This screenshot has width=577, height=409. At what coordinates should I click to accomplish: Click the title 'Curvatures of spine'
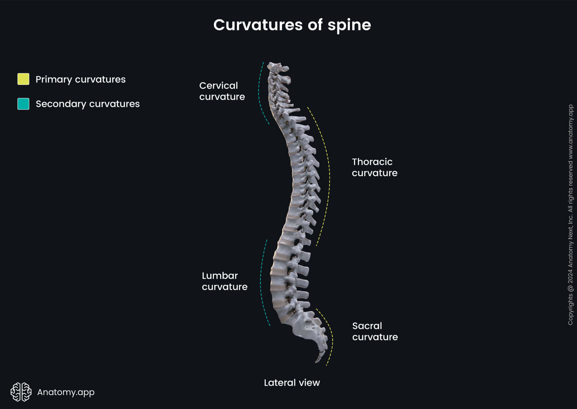tap(292, 25)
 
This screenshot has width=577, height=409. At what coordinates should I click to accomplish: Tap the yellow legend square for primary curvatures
tap(23, 79)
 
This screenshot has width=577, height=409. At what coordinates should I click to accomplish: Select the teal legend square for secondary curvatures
tap(23, 104)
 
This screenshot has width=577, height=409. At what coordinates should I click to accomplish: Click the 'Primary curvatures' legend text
tap(80, 79)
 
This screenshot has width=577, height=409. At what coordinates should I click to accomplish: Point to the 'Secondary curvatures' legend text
tap(88, 104)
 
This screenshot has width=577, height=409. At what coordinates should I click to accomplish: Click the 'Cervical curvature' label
tap(222, 91)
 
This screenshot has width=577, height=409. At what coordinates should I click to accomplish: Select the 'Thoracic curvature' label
tap(374, 167)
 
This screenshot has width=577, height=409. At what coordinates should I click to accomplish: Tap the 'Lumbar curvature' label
tap(224, 281)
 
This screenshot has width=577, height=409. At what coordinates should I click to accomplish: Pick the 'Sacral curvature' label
tap(375, 331)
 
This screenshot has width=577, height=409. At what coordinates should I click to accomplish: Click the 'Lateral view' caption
tap(292, 383)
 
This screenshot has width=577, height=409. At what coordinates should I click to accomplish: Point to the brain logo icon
tap(21, 392)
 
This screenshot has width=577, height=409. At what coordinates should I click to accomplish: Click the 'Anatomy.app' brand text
tap(66, 392)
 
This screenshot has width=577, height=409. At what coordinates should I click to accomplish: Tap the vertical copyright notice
tap(570, 215)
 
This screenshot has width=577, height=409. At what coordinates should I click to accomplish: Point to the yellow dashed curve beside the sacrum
tap(330, 335)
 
